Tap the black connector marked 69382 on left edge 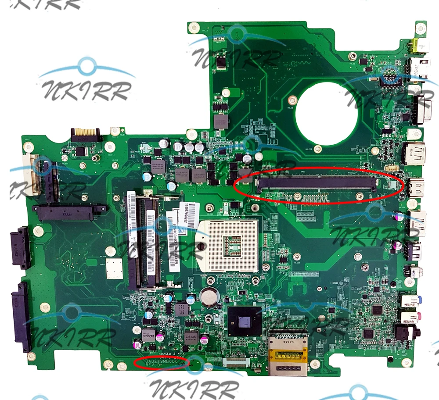coord(20,247)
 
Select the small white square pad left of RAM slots coord(114,268)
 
